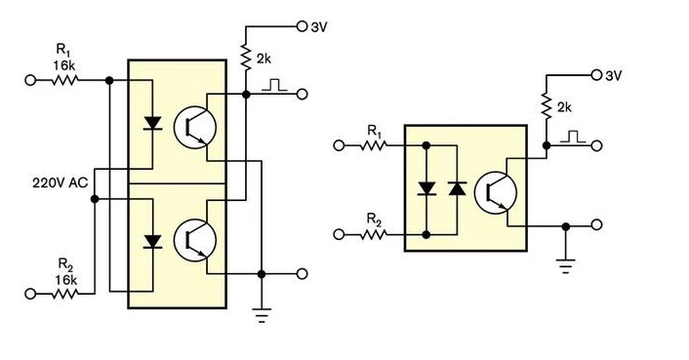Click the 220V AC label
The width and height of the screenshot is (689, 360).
60,182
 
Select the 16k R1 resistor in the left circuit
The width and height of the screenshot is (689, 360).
65,80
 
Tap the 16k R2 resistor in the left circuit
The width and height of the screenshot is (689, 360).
65,294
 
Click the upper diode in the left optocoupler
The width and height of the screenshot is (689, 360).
152,123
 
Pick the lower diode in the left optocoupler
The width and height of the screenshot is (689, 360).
152,242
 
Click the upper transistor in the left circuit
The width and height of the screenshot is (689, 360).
194,127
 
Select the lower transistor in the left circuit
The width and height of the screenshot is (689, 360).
194,240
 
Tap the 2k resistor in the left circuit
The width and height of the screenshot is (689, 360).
246,57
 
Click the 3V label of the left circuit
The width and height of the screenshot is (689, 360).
319,27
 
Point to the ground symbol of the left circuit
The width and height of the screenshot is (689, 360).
262,315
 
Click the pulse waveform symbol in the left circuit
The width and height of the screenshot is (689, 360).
274,85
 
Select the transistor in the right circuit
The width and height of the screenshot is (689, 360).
496,193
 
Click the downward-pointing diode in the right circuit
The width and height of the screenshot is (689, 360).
426,188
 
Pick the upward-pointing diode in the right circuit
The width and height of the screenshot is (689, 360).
457,188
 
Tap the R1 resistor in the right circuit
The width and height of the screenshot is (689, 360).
374,144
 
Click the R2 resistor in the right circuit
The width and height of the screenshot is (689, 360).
374,235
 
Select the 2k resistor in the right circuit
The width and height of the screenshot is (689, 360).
547,105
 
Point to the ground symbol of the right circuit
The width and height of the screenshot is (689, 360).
565,265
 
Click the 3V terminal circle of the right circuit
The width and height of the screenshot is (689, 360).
596,75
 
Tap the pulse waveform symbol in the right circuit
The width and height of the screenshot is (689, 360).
573,137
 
